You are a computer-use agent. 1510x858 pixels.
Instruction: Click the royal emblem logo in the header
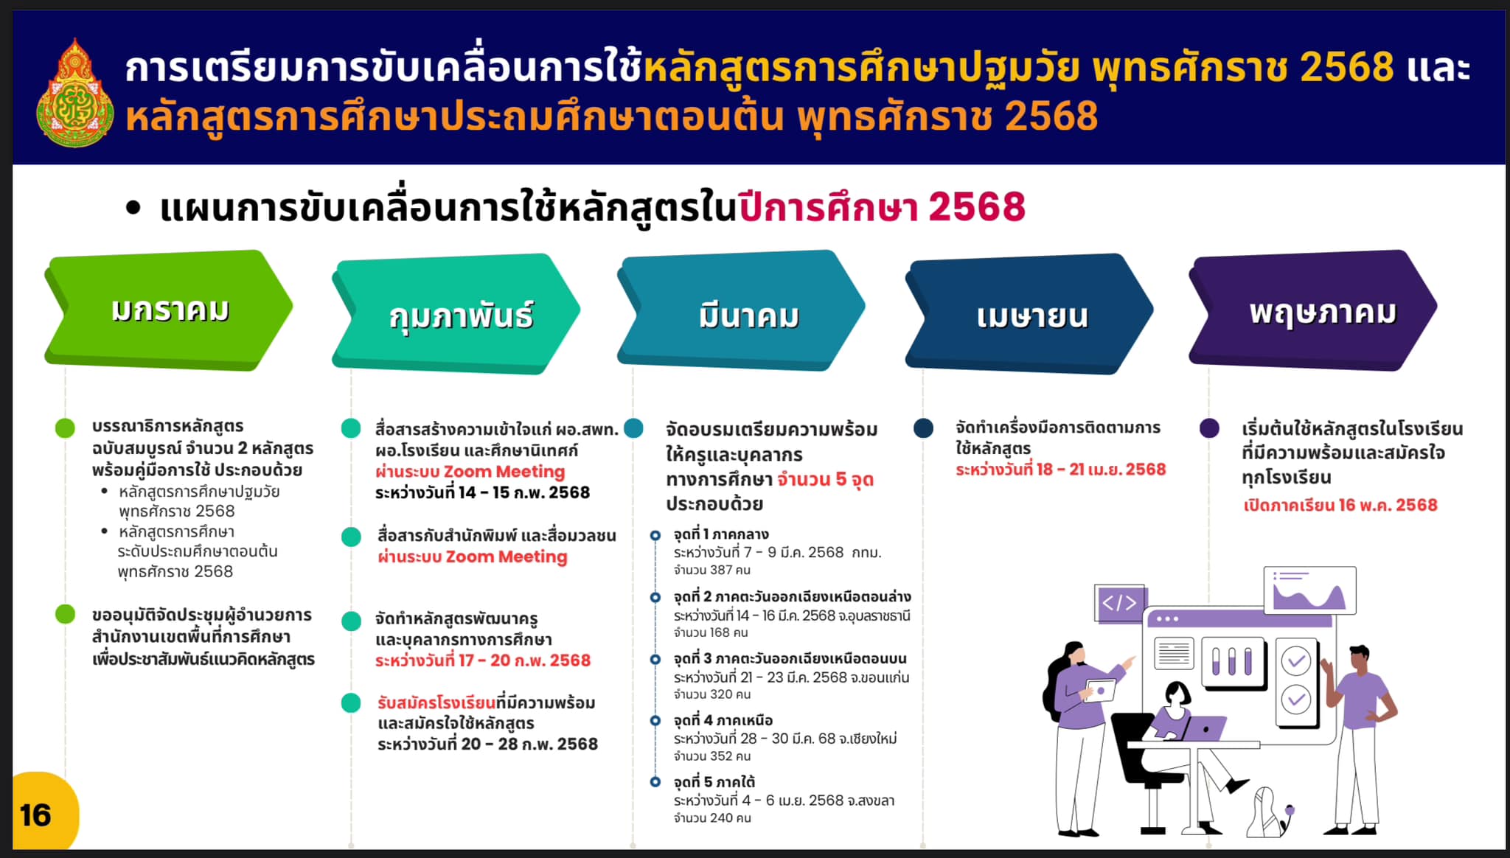click(x=75, y=93)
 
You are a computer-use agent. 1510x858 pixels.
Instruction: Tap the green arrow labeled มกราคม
click(x=169, y=310)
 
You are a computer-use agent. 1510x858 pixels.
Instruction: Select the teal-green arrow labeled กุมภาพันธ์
click(x=456, y=314)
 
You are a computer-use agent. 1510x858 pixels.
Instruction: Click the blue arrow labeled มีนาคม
click(x=741, y=310)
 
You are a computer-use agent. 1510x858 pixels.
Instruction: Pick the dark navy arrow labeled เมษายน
click(x=1029, y=314)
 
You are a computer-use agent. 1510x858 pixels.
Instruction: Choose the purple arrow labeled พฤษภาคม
click(x=1312, y=310)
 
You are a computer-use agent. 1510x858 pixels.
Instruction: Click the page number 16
click(x=35, y=815)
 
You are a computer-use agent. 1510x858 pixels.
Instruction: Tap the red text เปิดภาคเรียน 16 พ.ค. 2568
click(x=1340, y=505)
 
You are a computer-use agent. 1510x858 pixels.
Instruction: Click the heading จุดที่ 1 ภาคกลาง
click(x=720, y=534)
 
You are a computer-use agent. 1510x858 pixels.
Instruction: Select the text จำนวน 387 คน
click(x=711, y=570)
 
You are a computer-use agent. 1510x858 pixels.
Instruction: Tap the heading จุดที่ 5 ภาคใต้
click(x=714, y=782)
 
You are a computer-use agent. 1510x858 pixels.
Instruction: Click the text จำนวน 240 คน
click(x=712, y=818)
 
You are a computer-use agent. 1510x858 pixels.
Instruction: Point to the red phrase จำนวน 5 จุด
click(x=825, y=480)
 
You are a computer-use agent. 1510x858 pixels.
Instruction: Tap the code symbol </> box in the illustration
click(x=1118, y=603)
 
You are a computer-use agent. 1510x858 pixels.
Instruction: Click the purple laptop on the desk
click(x=1202, y=728)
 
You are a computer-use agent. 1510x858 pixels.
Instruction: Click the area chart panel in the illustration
click(x=1309, y=590)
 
